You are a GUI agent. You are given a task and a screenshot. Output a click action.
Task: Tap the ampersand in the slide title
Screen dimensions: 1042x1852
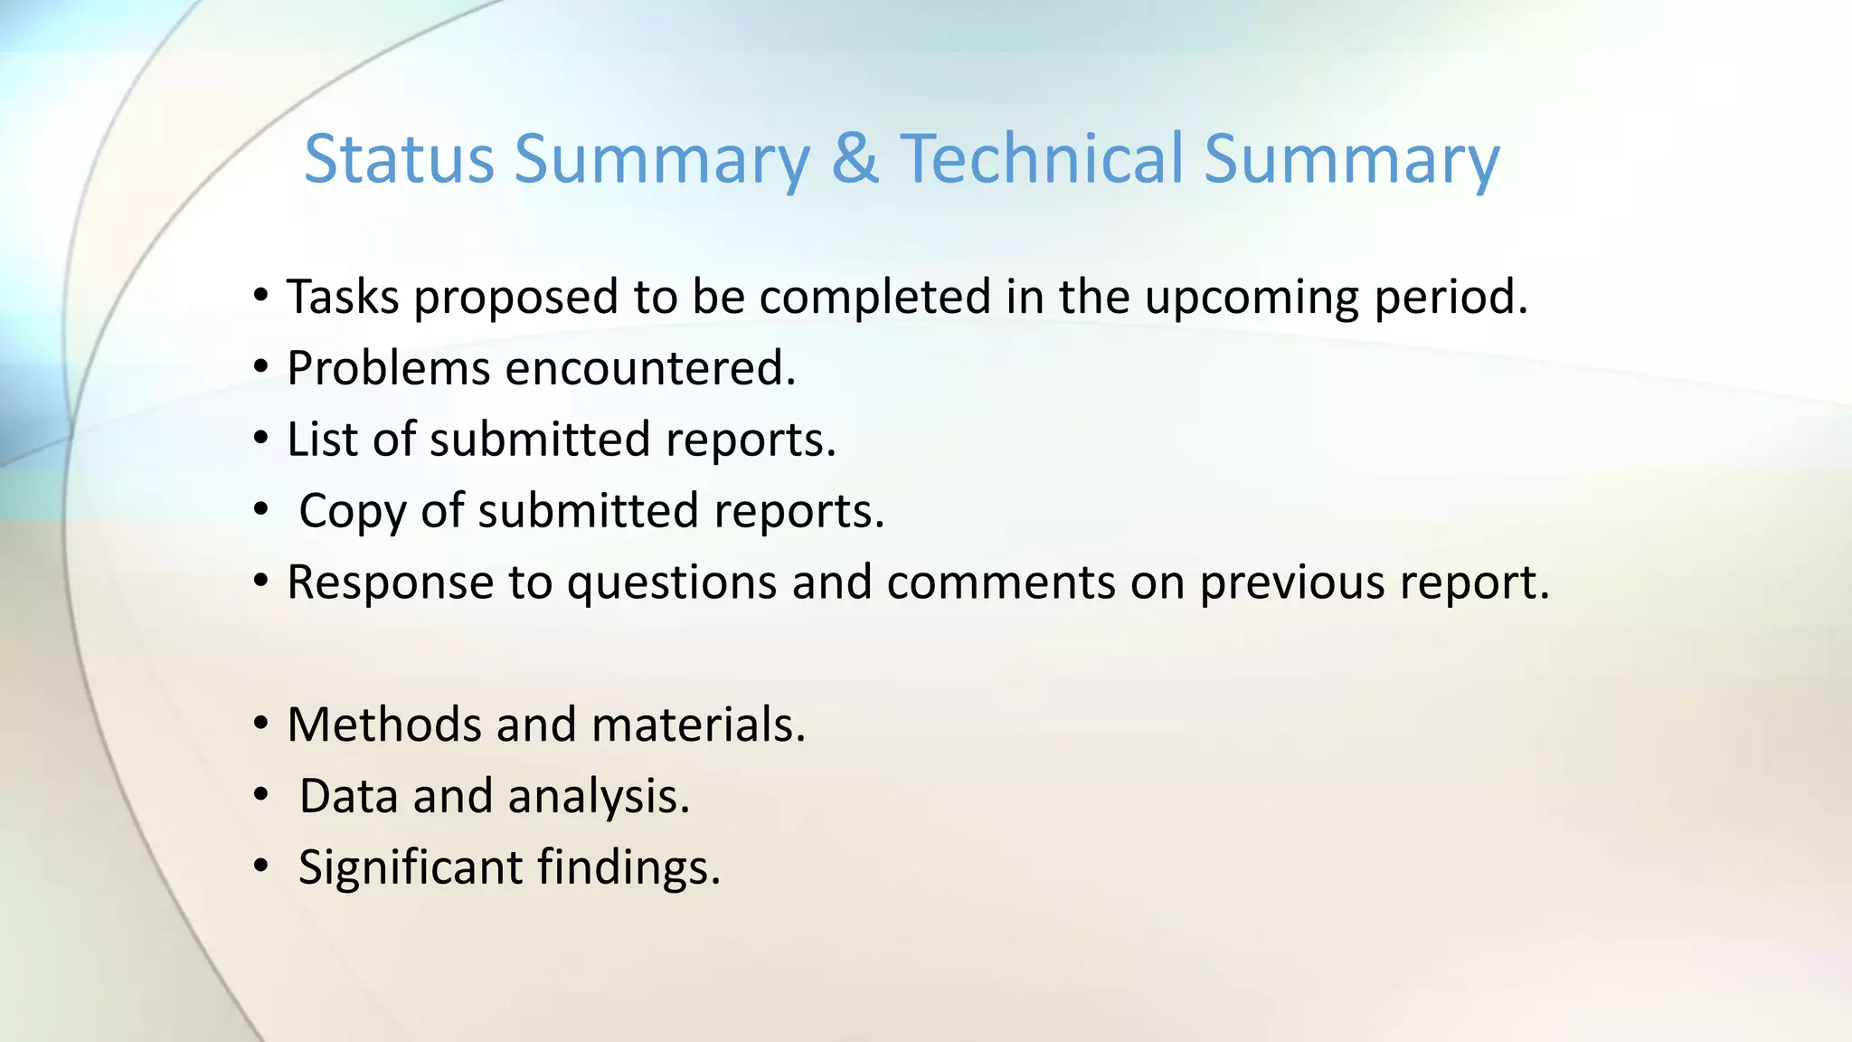pyautogui.click(x=855, y=159)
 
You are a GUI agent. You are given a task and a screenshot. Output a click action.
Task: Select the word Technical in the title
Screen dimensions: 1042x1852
pyautogui.click(x=1041, y=159)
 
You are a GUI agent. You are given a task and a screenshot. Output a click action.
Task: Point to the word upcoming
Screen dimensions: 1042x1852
pyautogui.click(x=1252, y=298)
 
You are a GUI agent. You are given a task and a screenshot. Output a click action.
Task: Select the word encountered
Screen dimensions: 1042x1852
pyautogui.click(x=650, y=368)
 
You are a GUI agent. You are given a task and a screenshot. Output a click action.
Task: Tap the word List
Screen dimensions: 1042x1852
pyautogui.click(x=322, y=440)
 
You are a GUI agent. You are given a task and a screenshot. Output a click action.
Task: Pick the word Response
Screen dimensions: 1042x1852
pyautogui.click(x=390, y=583)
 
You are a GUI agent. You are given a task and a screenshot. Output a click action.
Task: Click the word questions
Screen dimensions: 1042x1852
pyautogui.click(x=671, y=583)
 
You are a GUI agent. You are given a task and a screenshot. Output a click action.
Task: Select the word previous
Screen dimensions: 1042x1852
pyautogui.click(x=1291, y=583)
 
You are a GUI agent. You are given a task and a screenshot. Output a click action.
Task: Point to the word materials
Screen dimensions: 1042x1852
pyautogui.click(x=697, y=725)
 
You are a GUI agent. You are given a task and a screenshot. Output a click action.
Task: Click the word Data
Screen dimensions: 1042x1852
pyautogui.click(x=348, y=796)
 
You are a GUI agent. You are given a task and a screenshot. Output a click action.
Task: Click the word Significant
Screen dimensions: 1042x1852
pyautogui.click(x=411, y=868)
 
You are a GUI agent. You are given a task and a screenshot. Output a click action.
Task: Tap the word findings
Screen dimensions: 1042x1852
pyautogui.click(x=628, y=868)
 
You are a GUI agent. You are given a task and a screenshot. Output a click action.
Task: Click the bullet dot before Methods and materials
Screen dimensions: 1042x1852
pyautogui.click(x=261, y=725)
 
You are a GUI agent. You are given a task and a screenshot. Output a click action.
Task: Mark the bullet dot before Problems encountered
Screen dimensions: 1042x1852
pyautogui.click(x=261, y=368)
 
